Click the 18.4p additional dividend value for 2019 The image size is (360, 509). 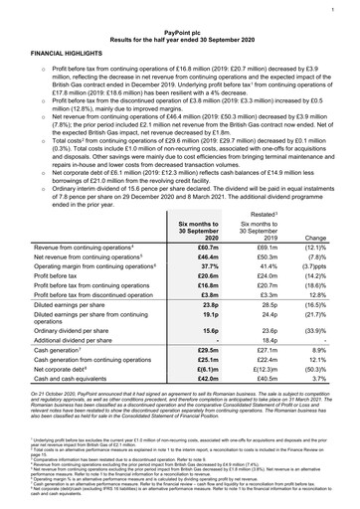click(x=266, y=384)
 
